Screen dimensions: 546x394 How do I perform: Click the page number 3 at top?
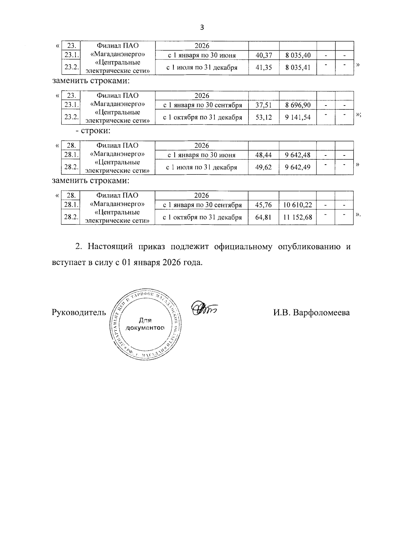click(202, 28)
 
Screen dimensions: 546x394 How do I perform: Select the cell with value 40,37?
click(264, 55)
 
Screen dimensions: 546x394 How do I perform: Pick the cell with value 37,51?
click(264, 105)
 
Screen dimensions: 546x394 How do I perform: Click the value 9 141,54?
click(298, 117)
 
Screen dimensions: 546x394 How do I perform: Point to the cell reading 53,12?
click(264, 117)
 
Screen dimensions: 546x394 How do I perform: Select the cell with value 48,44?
click(264, 155)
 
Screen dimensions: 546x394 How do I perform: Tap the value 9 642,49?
click(298, 167)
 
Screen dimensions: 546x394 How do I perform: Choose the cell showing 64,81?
click(263, 217)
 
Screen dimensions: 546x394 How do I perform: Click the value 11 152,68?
click(297, 217)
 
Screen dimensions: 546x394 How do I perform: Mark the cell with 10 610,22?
click(297, 205)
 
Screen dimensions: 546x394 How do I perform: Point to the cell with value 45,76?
click(263, 205)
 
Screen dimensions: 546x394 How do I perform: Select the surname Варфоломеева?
click(321, 313)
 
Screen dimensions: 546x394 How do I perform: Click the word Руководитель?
click(79, 313)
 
